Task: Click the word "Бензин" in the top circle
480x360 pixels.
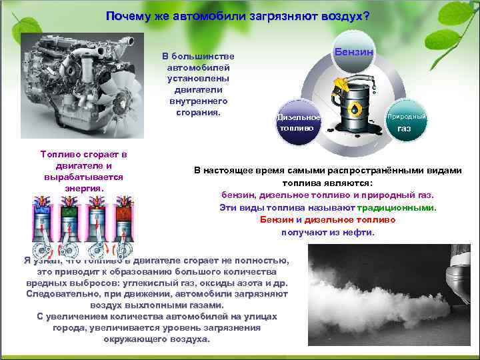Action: pos(359,51)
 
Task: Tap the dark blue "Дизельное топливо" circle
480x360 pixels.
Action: pos(297,123)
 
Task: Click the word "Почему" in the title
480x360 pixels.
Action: pos(127,16)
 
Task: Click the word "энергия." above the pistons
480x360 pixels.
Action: pos(83,188)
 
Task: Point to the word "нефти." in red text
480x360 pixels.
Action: pos(361,233)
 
